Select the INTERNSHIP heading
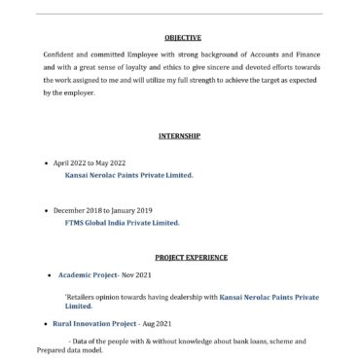[x=179, y=135]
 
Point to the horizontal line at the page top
[x=179, y=13]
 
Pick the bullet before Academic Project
[x=48, y=275]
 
